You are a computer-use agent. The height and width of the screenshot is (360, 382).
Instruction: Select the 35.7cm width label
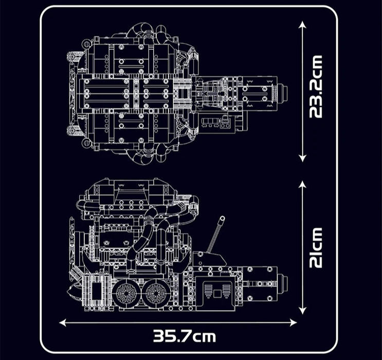coord(185,337)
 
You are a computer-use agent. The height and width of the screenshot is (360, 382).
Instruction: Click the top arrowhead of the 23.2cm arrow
coord(303,24)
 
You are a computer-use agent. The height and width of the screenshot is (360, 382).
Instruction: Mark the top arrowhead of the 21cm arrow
coord(303,183)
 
